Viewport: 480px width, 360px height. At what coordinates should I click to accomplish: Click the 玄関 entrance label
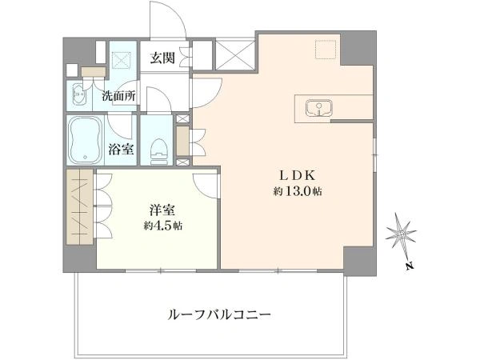(x=162, y=58)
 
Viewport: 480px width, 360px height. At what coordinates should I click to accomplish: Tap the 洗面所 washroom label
(x=118, y=97)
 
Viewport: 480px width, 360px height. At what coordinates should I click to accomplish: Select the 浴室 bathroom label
(x=121, y=149)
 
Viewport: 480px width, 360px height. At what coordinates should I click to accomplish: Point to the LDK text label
(x=298, y=176)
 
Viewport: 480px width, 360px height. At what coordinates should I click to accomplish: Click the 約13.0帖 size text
(x=298, y=192)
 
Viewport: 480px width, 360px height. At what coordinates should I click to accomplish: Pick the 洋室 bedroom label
(x=162, y=210)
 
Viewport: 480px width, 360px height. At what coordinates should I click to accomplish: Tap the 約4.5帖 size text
(x=163, y=226)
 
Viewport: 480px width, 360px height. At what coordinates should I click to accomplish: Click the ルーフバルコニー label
(x=219, y=314)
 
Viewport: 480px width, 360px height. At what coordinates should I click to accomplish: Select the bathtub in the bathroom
(x=86, y=140)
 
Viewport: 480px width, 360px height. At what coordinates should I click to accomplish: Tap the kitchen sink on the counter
(x=318, y=108)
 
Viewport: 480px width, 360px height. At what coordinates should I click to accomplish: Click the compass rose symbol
(x=401, y=234)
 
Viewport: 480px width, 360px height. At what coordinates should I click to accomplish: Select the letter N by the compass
(x=410, y=266)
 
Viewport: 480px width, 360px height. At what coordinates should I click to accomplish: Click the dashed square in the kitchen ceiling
(x=326, y=49)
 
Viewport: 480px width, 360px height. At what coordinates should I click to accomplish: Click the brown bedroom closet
(x=79, y=207)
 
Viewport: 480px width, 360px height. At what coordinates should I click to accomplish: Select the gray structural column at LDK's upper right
(x=358, y=48)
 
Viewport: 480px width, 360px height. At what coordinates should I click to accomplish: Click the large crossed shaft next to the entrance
(x=235, y=55)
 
